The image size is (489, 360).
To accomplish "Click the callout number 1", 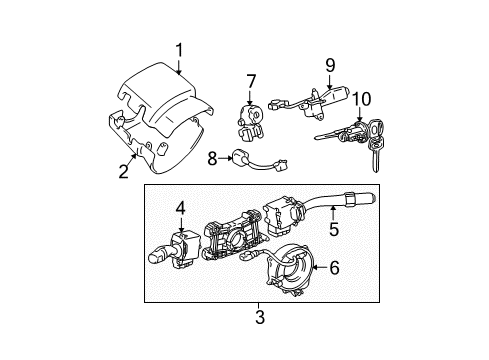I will [179, 49].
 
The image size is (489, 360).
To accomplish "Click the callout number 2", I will [123, 171].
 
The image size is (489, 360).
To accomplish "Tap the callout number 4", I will [181, 209].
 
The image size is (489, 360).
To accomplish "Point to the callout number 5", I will [335, 228].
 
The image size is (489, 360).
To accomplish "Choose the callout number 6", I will [335, 268].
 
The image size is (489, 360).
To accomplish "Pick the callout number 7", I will [252, 80].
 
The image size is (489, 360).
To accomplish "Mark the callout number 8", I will [211, 157].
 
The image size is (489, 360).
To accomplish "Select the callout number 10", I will [360, 100].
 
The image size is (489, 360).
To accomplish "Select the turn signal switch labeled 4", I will [170, 245].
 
